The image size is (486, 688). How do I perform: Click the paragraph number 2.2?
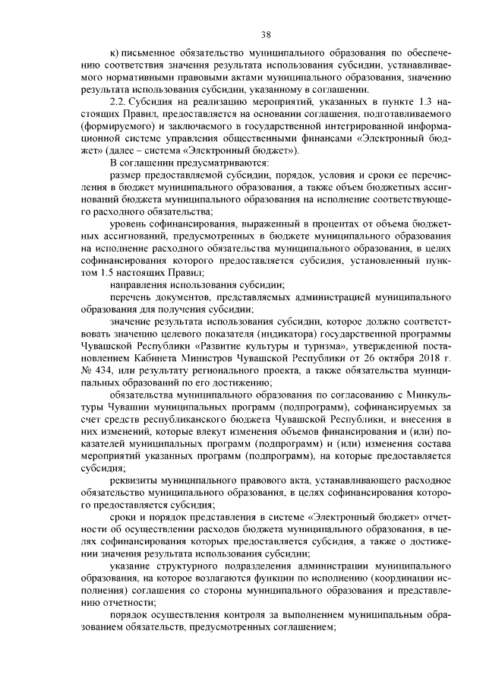click(119, 101)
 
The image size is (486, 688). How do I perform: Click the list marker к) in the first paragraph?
click(115, 53)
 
